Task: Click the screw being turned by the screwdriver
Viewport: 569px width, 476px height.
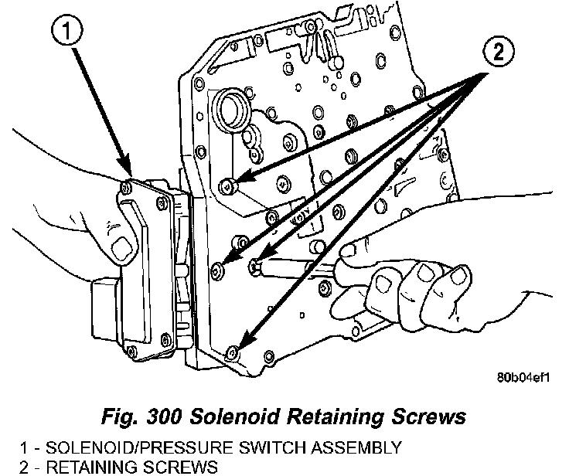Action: [x=255, y=267]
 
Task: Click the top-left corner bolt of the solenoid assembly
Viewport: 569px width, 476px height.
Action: [x=126, y=186]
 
